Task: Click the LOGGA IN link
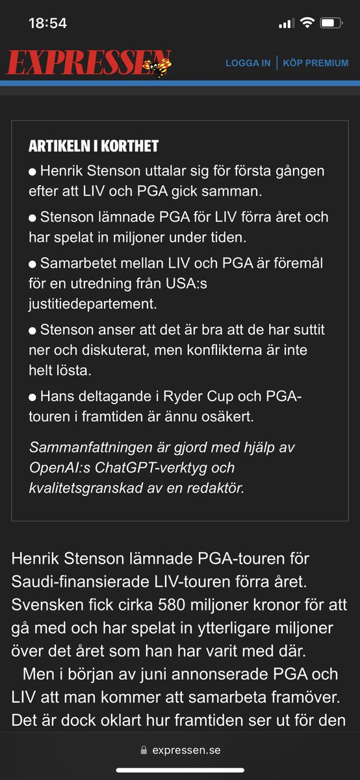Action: coord(248,63)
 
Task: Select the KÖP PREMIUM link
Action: coord(316,63)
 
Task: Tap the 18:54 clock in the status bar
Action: coord(47,23)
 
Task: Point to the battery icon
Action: coord(331,23)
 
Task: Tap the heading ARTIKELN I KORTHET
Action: coord(94,146)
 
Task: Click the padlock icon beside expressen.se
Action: coord(144,750)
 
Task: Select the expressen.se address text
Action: coord(186,750)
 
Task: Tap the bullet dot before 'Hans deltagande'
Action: coord(32,396)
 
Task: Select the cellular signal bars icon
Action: coord(286,23)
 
